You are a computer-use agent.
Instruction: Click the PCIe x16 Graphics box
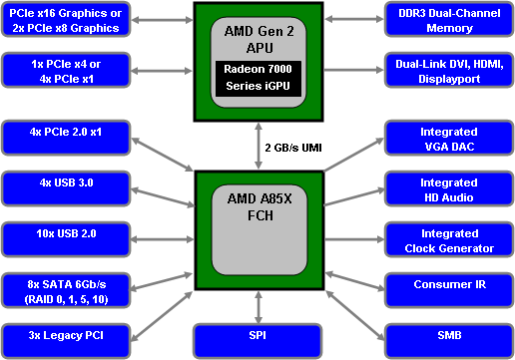(65, 20)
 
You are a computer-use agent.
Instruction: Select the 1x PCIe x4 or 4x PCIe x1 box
(65, 71)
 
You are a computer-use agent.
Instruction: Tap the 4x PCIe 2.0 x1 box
(65, 138)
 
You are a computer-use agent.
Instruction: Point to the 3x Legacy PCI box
(65, 340)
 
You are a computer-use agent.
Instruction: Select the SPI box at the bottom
(257, 340)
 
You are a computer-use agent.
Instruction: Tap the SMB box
(449, 340)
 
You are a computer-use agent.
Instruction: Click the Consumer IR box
(449, 290)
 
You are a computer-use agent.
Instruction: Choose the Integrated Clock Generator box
(449, 239)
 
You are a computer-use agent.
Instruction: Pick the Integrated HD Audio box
(449, 188)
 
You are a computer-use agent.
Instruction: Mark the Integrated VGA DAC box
(449, 138)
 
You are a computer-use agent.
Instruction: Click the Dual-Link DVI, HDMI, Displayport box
(449, 71)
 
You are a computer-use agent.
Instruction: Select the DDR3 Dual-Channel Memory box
(449, 20)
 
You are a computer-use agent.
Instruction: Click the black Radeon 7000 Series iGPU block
(257, 79)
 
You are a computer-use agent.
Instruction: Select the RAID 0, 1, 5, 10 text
(65, 297)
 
